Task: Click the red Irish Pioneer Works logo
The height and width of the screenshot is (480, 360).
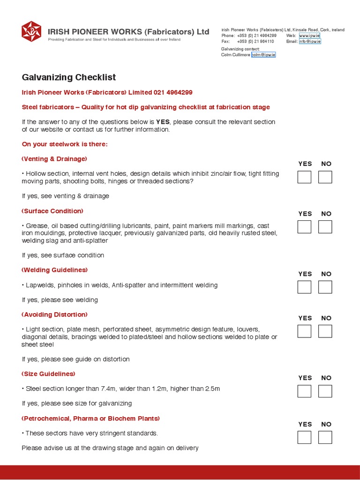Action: pyautogui.click(x=31, y=31)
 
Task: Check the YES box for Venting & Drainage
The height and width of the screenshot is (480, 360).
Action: pyautogui.click(x=304, y=177)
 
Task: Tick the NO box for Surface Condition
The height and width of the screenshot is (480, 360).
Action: pyautogui.click(x=325, y=227)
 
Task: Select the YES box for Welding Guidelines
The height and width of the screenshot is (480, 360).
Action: pyautogui.click(x=304, y=287)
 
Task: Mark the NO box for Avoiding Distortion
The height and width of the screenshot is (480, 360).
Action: pyautogui.click(x=325, y=331)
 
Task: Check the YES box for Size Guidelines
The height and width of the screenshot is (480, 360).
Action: pyautogui.click(x=304, y=391)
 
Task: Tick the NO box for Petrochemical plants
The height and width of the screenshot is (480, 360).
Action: pyautogui.click(x=325, y=437)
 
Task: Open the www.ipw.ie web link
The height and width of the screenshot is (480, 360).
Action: pyautogui.click(x=309, y=36)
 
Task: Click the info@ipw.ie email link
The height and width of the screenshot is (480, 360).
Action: pyautogui.click(x=309, y=41)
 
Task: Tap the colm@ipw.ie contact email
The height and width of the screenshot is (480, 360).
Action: pyautogui.click(x=263, y=55)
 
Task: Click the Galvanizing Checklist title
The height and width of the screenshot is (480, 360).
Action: pyautogui.click(x=69, y=77)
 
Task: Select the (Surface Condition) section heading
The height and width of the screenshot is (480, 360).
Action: pyautogui.click(x=52, y=211)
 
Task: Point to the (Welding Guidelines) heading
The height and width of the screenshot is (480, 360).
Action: pyautogui.click(x=55, y=270)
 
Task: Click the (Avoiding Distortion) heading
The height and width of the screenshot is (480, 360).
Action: pyautogui.click(x=55, y=315)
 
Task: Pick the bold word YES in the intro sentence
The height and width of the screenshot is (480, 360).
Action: pyautogui.click(x=163, y=122)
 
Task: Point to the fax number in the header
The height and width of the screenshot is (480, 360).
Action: pyautogui.click(x=255, y=41)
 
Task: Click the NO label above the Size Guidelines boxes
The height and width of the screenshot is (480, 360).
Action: pyautogui.click(x=326, y=378)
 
